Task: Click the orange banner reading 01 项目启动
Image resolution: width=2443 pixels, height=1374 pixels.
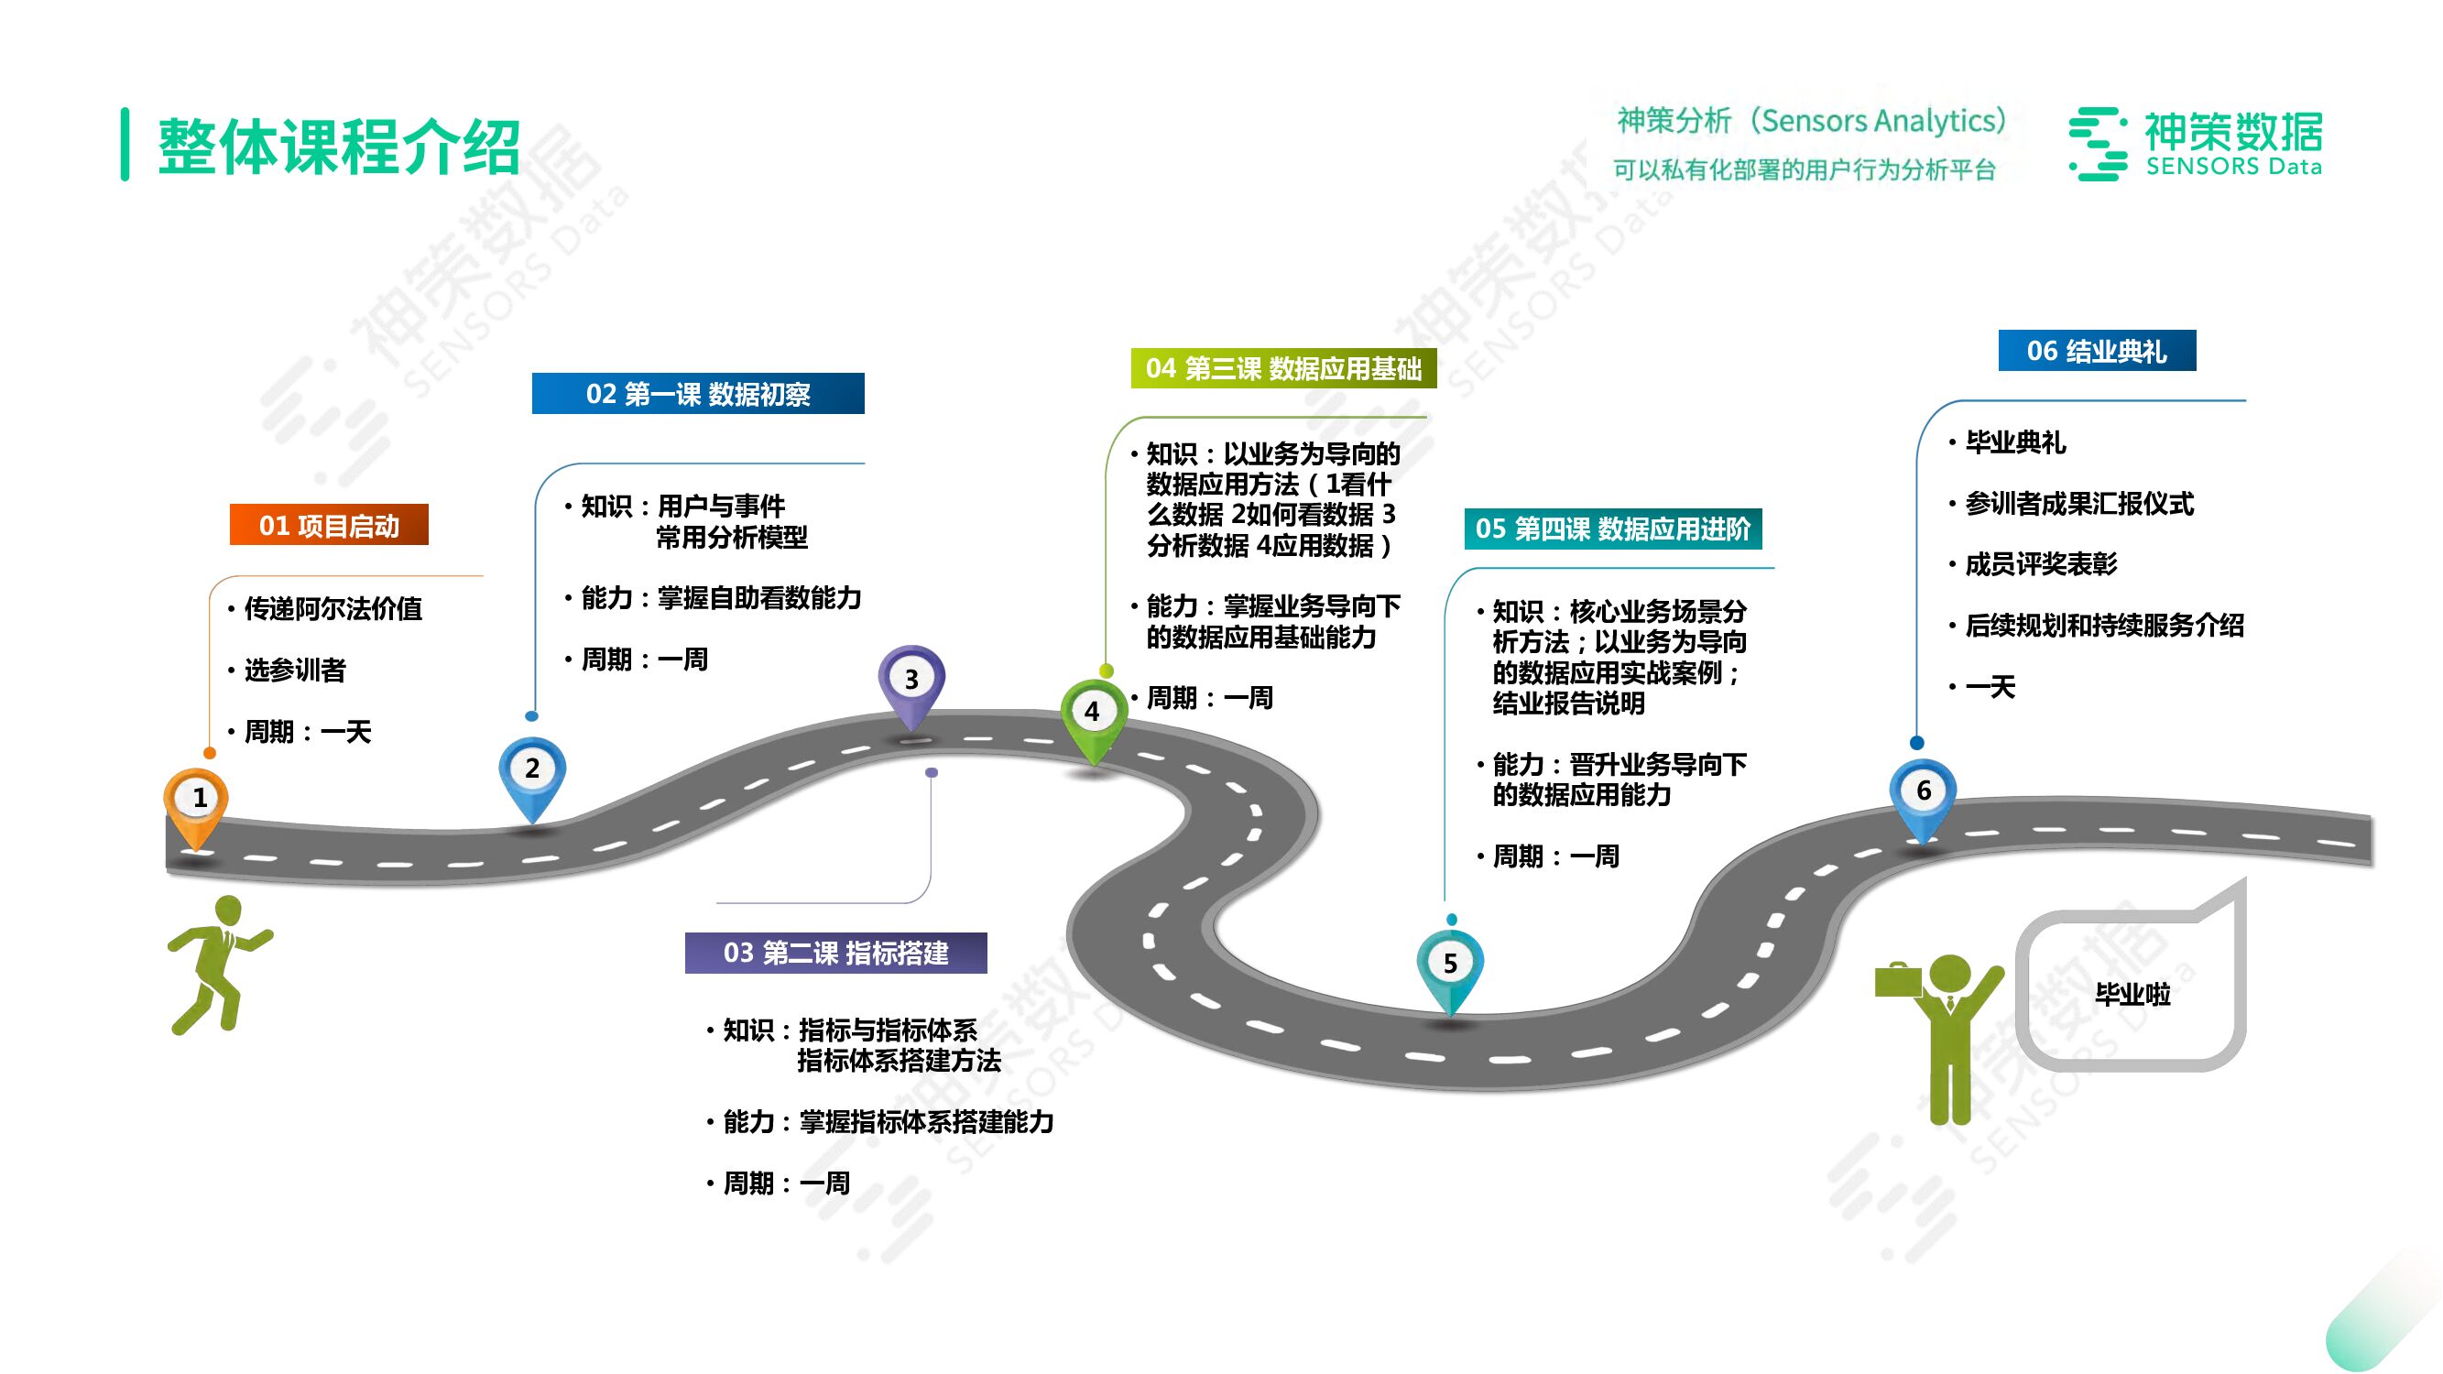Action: point(329,525)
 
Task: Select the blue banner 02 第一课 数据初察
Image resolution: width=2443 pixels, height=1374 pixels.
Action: point(698,394)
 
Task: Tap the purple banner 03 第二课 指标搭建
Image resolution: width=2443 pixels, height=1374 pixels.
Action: point(835,953)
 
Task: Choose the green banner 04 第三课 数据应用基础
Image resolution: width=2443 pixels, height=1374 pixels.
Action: point(1283,368)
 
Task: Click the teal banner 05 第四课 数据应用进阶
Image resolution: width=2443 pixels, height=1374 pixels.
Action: point(1612,529)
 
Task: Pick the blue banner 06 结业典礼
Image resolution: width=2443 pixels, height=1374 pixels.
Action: point(2097,351)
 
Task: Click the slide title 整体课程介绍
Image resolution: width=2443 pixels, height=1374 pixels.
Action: point(339,146)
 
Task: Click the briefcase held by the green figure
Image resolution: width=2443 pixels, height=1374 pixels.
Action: point(1898,979)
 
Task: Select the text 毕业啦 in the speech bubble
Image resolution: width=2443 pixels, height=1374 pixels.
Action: point(2132,994)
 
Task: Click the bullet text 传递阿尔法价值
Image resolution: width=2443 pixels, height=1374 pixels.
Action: point(333,609)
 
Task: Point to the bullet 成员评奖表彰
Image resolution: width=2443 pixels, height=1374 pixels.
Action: point(2040,564)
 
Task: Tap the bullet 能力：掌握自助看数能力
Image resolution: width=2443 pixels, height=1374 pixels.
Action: point(721,598)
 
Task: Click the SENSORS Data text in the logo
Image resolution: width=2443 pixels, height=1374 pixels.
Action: point(2233,167)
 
